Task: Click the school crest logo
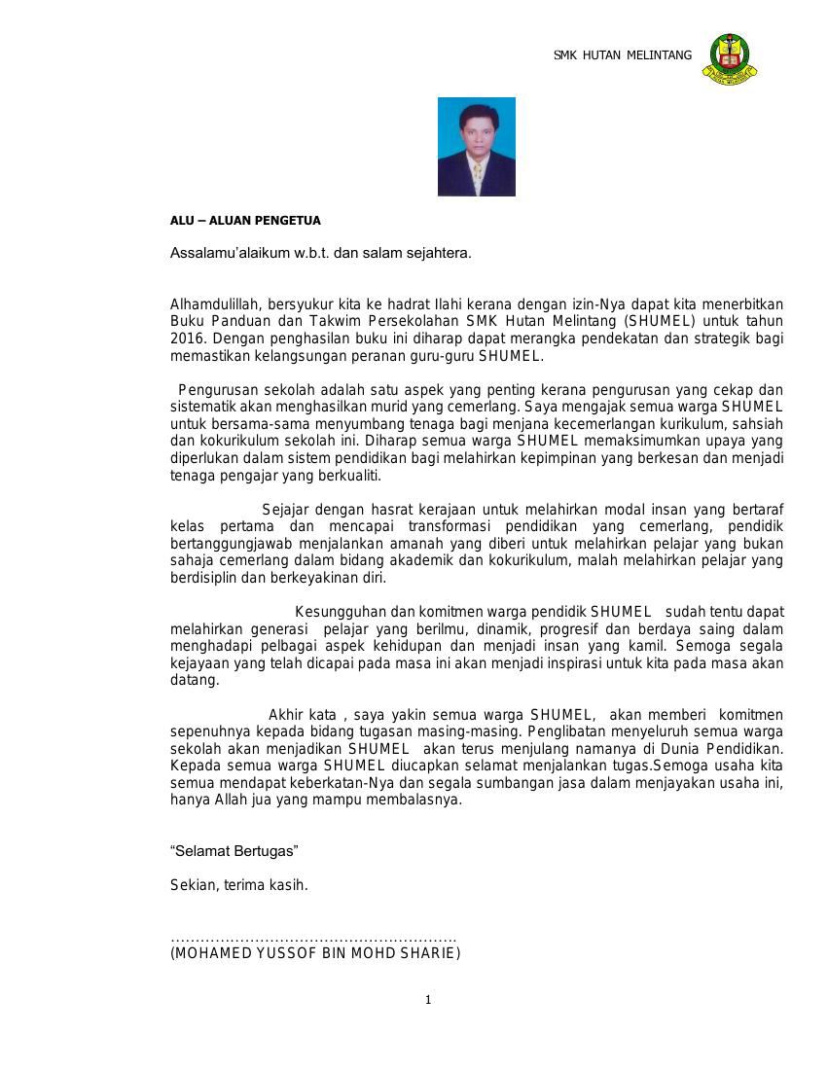(x=729, y=58)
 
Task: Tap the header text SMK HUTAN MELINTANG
(x=623, y=55)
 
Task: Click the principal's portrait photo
(x=476, y=147)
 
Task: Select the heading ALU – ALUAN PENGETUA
(x=245, y=221)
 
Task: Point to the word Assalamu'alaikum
(x=221, y=253)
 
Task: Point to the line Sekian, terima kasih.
(x=239, y=885)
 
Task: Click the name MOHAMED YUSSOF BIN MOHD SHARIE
(x=315, y=953)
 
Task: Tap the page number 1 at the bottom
(x=427, y=1000)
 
